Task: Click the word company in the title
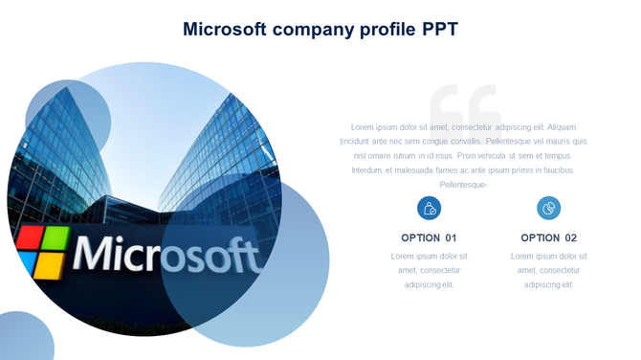click(x=308, y=30)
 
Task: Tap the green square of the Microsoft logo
click(x=56, y=239)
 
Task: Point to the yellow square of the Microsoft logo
click(x=54, y=264)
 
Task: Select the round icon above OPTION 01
click(x=429, y=208)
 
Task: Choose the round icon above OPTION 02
click(x=548, y=208)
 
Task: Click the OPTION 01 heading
click(x=429, y=237)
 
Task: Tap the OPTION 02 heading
click(x=548, y=237)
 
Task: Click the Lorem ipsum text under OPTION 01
click(x=429, y=270)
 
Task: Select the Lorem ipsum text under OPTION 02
click(x=548, y=270)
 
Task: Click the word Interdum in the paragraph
click(x=367, y=169)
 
